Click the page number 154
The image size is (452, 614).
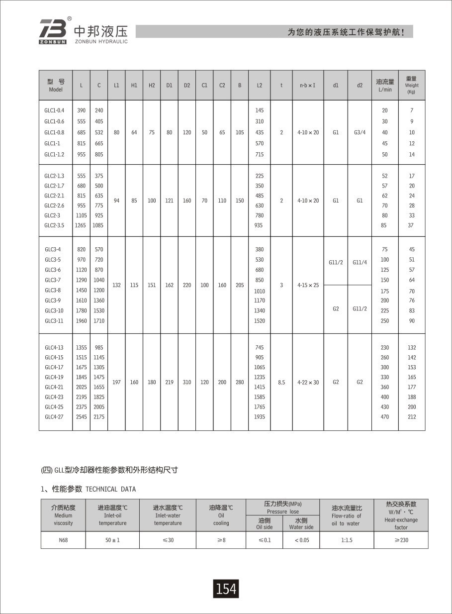tap(226, 589)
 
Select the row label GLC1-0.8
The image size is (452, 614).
tap(54, 132)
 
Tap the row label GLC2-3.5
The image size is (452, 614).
tap(54, 225)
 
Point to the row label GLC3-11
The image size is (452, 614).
tap(54, 321)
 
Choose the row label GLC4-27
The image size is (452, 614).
tap(54, 416)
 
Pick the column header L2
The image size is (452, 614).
tap(259, 85)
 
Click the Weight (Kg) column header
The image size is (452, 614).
tap(411, 85)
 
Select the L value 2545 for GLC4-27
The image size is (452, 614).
tap(82, 416)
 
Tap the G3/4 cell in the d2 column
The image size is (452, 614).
tap(360, 132)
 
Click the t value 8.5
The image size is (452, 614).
tap(281, 382)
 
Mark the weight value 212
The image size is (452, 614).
tap(412, 416)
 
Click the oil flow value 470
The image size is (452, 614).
tap(385, 416)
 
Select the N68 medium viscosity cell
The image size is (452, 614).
tap(63, 540)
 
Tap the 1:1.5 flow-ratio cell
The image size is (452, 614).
tap(347, 540)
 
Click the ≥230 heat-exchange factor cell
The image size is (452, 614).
tap(401, 540)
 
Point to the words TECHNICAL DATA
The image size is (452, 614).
tap(110, 489)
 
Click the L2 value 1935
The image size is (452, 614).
tap(259, 416)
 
